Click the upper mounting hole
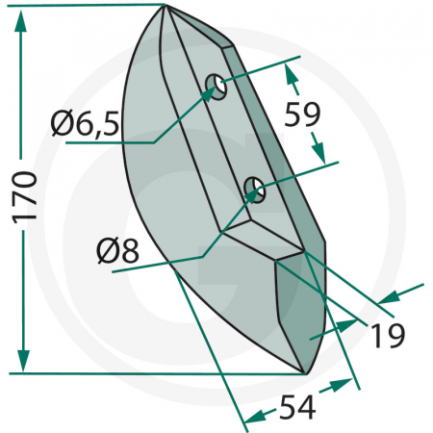pyautogui.click(x=216, y=88)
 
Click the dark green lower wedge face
pyautogui.click(x=293, y=308)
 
